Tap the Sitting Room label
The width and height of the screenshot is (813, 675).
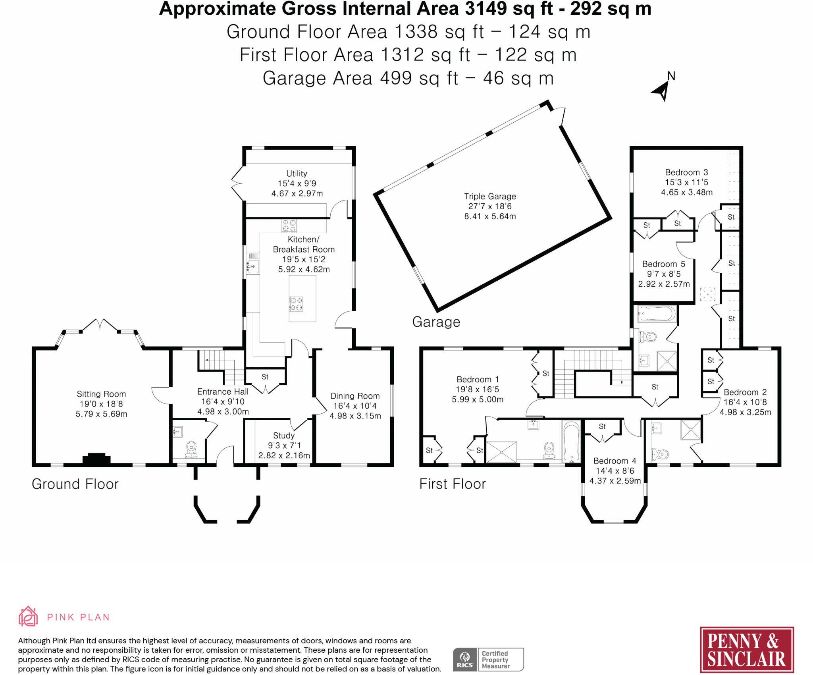click(101, 394)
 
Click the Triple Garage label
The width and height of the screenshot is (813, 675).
click(490, 196)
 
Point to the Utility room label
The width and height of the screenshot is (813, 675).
click(297, 174)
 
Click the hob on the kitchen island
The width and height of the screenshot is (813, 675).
click(296, 304)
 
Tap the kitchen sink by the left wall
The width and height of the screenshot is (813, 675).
click(252, 263)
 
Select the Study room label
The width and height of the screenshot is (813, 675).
click(284, 436)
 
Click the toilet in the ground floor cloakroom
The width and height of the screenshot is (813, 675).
click(191, 449)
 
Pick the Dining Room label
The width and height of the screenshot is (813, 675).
click(355, 396)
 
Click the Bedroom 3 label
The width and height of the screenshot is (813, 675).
click(687, 172)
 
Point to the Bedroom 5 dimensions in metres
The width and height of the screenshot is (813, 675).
click(664, 284)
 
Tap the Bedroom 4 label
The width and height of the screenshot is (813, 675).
click(615, 461)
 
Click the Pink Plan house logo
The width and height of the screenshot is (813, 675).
click(28, 616)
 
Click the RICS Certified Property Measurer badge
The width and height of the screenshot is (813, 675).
click(488, 660)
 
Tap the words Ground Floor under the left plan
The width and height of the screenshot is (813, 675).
click(75, 484)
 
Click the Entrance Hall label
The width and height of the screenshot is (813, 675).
click(223, 391)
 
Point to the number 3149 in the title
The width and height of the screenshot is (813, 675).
click(485, 9)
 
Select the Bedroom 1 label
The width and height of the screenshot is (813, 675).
click(478, 379)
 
